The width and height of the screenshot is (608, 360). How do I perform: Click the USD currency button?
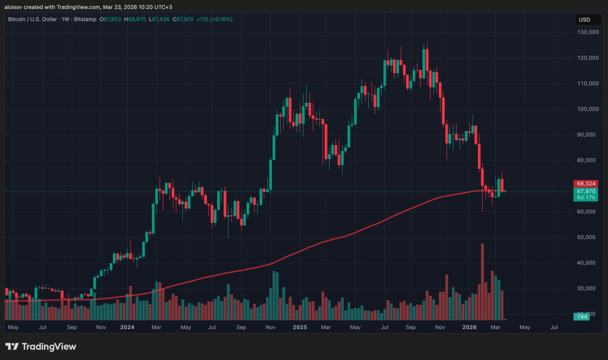[x=584, y=20]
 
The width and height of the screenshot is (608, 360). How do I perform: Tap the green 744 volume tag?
[x=581, y=317]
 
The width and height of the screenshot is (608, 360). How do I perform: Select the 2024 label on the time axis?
[x=126, y=327]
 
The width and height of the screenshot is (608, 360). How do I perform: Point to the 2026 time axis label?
[x=470, y=327]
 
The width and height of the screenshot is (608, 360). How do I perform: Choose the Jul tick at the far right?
[x=554, y=327]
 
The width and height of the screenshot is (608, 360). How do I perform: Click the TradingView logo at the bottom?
[x=40, y=346]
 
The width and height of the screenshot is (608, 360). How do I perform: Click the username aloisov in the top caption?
[x=15, y=6]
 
